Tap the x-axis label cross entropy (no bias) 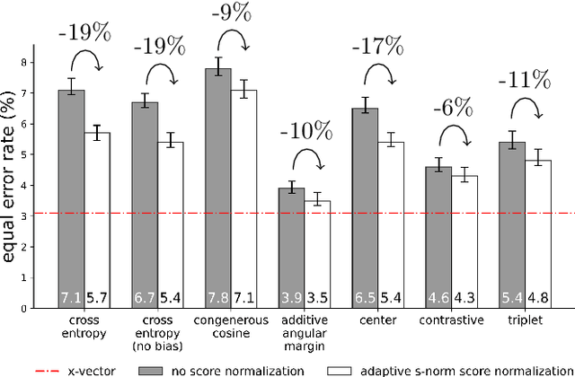[x=159, y=333]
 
